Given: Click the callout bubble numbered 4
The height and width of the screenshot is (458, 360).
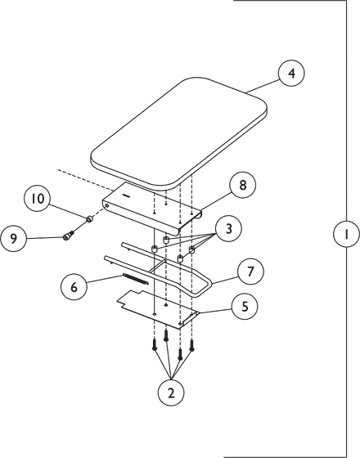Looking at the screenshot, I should tap(290, 74).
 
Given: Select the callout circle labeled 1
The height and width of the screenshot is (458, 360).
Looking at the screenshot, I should tap(346, 235).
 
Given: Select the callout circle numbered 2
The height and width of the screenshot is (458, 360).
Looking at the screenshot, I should tap(171, 393).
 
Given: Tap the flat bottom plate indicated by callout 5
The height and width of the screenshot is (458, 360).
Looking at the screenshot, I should tap(155, 303).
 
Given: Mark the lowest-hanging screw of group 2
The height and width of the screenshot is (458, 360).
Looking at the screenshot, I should tap(179, 357).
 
